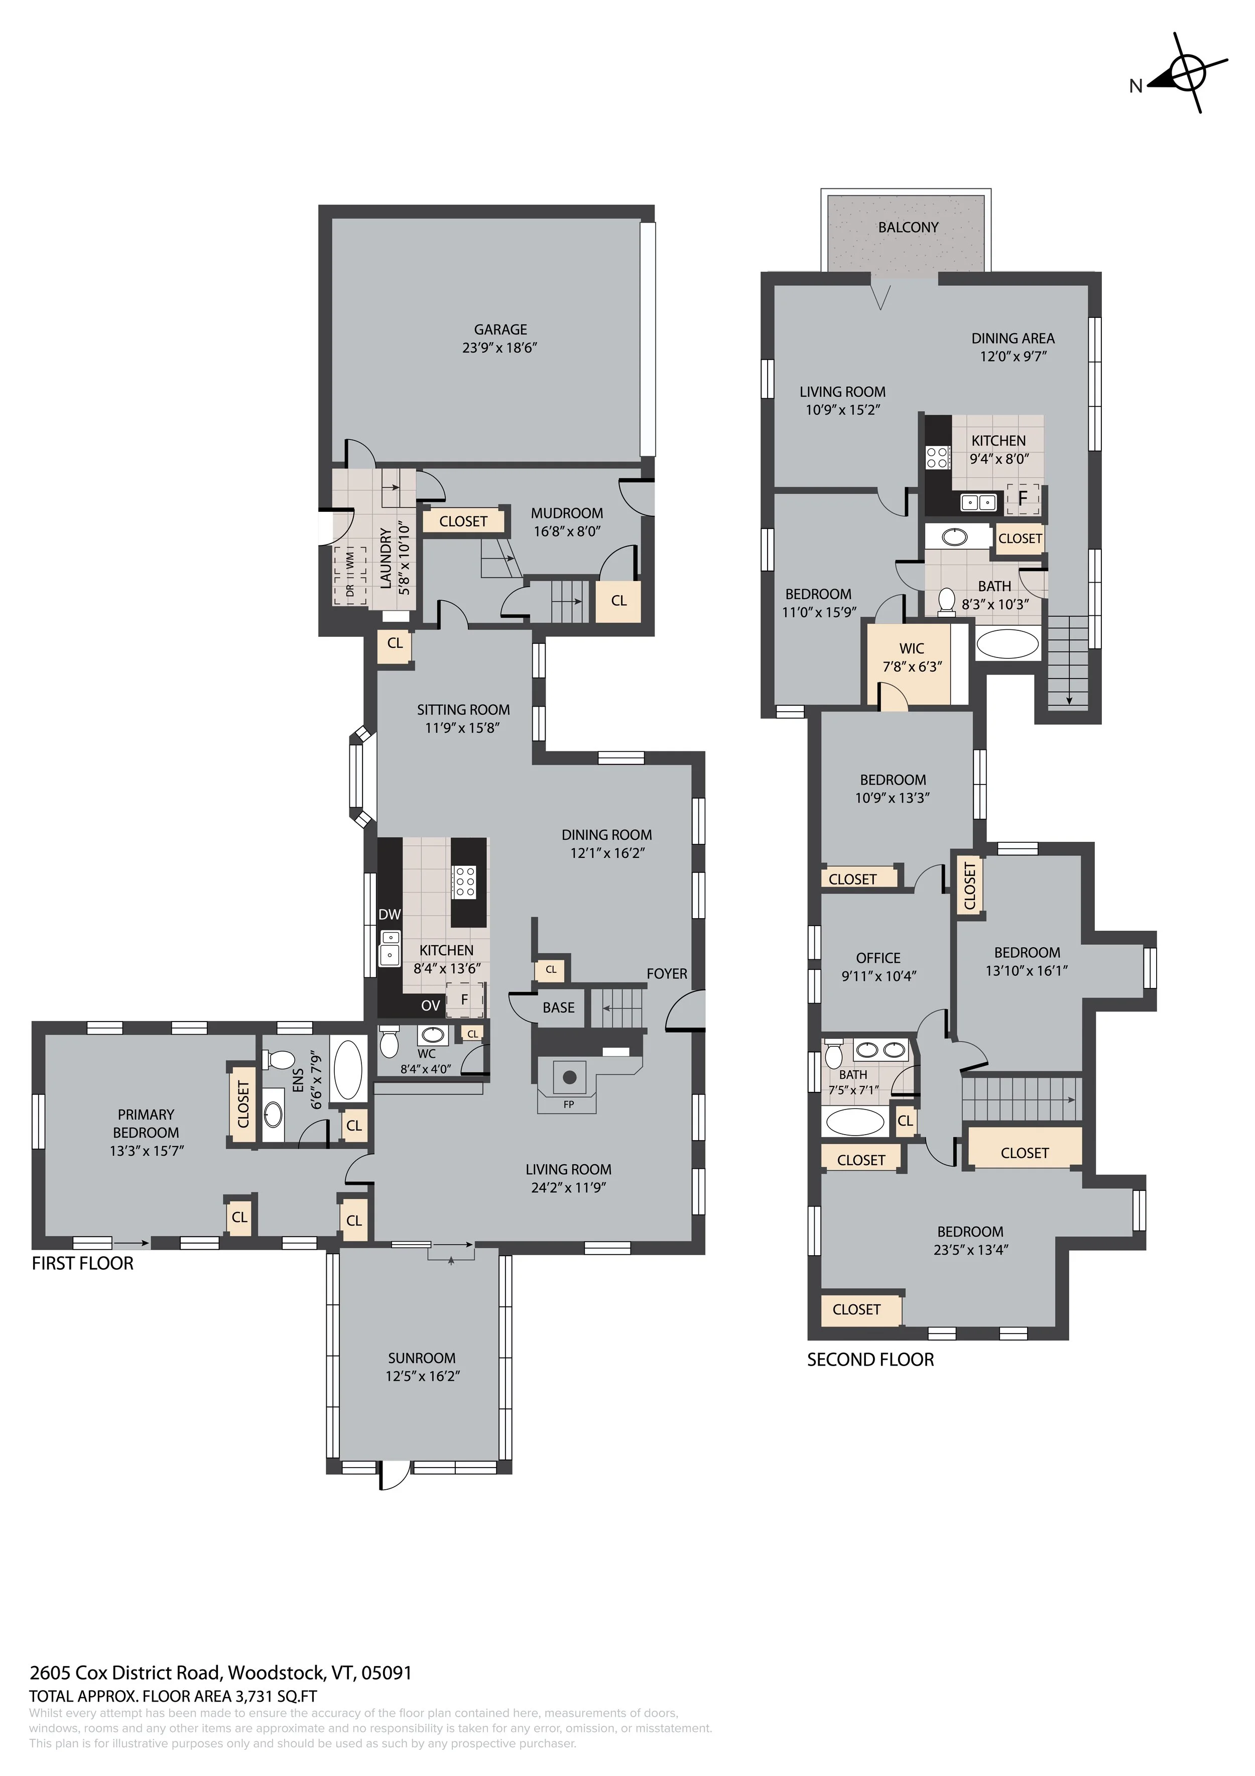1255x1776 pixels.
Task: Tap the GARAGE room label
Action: click(x=500, y=329)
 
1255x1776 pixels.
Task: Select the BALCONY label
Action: click(x=908, y=228)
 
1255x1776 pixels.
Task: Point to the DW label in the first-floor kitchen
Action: click(x=390, y=914)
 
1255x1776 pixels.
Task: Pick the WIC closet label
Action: click(x=912, y=648)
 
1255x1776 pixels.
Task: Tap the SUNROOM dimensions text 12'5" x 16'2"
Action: click(x=422, y=1376)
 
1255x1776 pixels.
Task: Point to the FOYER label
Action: click(x=667, y=974)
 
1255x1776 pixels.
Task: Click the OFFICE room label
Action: click(x=877, y=958)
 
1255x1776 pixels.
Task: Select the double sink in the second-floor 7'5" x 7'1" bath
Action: click(x=882, y=1050)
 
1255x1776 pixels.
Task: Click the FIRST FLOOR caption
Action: click(x=83, y=1264)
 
